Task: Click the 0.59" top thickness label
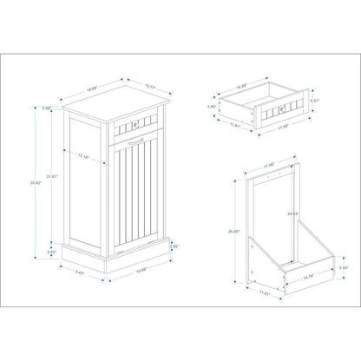click(x=49, y=108)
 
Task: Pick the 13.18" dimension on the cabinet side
click(x=108, y=156)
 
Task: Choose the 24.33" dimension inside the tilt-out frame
click(x=292, y=213)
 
